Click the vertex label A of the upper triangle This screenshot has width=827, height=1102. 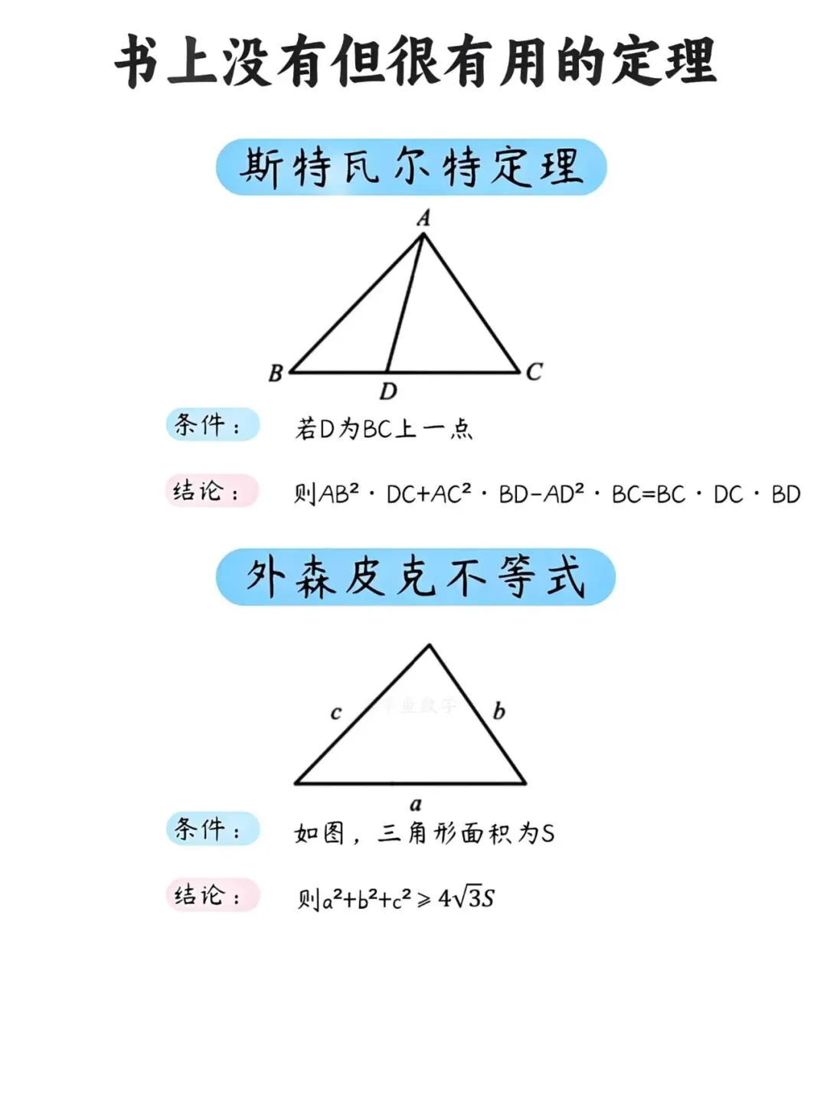point(423,218)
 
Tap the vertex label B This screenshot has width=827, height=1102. point(276,373)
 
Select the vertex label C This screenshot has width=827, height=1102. point(534,372)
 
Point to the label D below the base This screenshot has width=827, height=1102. point(388,392)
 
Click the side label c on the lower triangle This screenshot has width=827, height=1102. point(335,713)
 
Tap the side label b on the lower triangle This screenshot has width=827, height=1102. point(498,711)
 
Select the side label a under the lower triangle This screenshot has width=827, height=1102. point(416,804)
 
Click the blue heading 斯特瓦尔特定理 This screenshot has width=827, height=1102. point(411,167)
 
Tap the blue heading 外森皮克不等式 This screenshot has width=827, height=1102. point(415,577)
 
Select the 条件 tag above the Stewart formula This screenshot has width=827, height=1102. point(212,425)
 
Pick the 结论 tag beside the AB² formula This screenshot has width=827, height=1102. point(211,492)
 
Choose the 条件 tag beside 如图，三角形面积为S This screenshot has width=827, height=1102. point(212,829)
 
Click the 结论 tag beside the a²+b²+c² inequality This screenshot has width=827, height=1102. point(212,895)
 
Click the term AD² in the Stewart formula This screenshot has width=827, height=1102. point(564,494)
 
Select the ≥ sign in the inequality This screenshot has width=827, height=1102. point(424,899)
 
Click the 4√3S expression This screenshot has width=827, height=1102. point(466,898)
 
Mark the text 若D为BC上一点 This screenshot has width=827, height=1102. point(384,428)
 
